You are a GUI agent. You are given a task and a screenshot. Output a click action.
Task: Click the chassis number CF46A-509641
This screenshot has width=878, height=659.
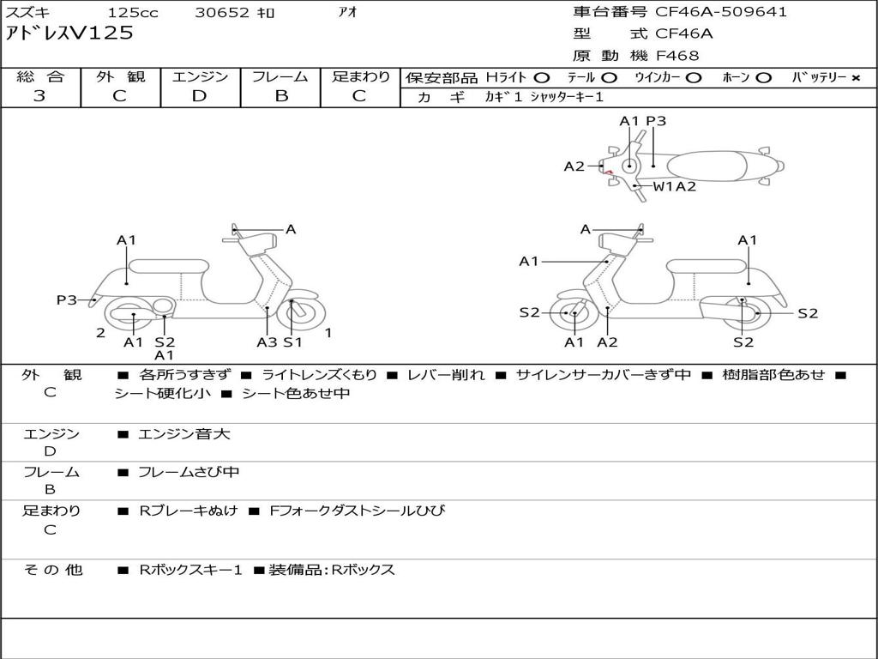[721, 12]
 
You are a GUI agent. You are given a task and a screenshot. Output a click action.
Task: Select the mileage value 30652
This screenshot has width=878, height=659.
[221, 13]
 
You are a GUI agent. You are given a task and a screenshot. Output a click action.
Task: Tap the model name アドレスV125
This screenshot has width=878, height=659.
[69, 33]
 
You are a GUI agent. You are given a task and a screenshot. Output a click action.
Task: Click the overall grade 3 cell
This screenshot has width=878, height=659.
[39, 96]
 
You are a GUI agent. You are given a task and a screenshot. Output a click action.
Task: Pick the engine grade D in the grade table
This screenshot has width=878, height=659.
[200, 96]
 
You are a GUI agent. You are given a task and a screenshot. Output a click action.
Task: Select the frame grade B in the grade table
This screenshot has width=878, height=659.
[280, 96]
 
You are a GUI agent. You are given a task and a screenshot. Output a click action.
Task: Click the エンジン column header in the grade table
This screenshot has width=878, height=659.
[200, 77]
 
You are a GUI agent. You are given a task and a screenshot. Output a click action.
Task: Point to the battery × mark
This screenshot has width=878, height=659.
[855, 78]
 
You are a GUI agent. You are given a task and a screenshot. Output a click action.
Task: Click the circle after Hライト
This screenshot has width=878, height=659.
[542, 78]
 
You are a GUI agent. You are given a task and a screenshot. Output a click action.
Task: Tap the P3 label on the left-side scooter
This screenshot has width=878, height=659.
[66, 299]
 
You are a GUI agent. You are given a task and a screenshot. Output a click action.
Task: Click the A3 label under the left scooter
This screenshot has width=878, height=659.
[267, 342]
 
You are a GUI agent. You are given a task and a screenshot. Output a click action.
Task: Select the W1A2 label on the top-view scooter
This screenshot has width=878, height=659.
[675, 186]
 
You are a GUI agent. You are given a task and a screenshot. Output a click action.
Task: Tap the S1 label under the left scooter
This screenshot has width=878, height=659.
[293, 342]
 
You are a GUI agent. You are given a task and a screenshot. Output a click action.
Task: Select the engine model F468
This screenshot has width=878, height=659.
[677, 56]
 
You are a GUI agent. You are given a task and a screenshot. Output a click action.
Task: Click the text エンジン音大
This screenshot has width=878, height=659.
[184, 434]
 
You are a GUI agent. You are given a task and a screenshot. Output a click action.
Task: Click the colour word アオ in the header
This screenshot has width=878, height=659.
[347, 13]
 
